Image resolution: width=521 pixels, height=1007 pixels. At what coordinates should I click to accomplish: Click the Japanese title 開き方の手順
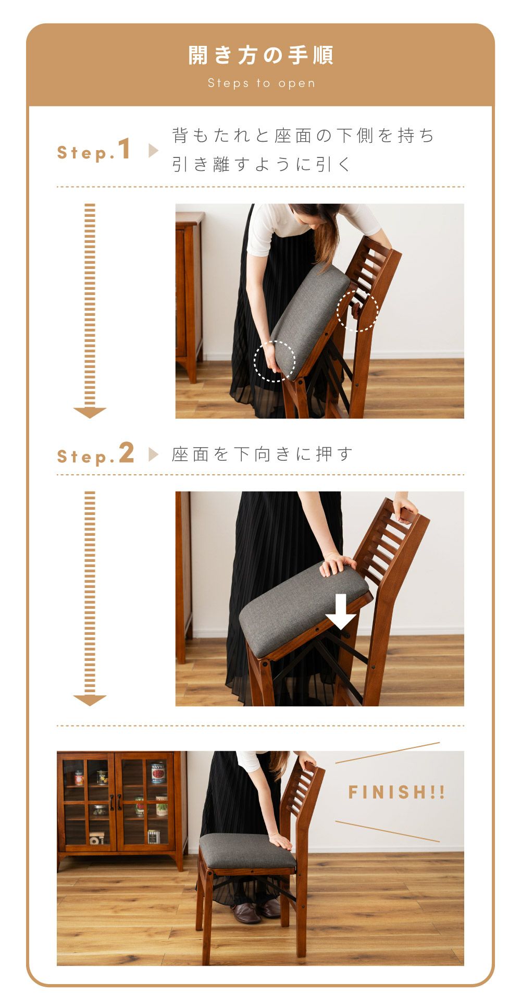(x=260, y=55)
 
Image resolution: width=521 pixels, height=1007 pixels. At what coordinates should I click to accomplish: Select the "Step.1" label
(x=94, y=150)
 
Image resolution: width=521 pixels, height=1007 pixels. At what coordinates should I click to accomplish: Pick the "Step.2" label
(x=95, y=453)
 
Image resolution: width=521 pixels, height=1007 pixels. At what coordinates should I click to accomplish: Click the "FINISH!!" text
(x=396, y=793)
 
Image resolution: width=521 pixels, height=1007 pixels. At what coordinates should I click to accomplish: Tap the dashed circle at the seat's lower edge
(x=275, y=361)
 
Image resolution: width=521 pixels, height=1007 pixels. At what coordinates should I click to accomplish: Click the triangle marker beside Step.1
(x=153, y=151)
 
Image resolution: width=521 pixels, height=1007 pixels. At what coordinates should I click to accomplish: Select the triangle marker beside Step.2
(x=153, y=455)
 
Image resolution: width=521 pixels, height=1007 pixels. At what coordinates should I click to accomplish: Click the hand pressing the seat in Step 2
(x=337, y=564)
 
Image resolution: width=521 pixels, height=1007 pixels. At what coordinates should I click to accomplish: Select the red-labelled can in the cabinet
(x=158, y=773)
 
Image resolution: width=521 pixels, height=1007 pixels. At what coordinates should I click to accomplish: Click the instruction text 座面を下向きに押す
(x=263, y=454)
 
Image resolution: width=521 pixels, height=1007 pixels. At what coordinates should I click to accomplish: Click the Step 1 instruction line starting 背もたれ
(x=304, y=136)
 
